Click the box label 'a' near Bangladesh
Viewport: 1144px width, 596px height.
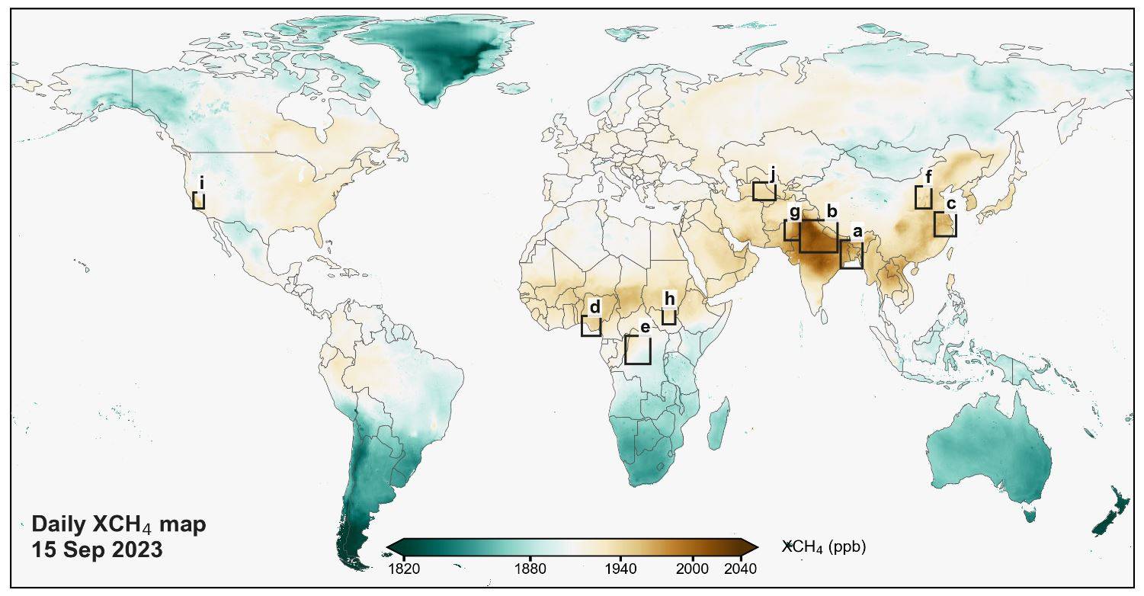point(857,232)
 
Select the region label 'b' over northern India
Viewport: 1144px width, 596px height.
point(832,211)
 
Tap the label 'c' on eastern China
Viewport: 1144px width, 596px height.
point(950,204)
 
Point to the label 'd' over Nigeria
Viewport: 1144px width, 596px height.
point(594,307)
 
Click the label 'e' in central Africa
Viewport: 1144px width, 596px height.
point(645,328)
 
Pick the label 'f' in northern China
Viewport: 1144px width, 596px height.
point(928,178)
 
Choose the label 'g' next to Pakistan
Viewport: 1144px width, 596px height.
point(794,213)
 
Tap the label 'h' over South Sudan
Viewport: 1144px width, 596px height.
point(669,300)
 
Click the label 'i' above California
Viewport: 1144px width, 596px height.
point(202,183)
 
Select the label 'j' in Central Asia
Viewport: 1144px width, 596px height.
point(772,176)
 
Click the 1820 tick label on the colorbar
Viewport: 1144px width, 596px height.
point(404,569)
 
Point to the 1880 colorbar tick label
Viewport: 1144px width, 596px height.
point(530,569)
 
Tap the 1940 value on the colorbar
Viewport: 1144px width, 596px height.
point(620,569)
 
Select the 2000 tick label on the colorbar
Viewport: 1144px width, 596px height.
point(692,569)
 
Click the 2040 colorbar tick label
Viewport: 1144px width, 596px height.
point(741,569)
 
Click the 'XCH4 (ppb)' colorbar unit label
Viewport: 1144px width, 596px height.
point(824,547)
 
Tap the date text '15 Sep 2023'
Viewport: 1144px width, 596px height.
point(97,550)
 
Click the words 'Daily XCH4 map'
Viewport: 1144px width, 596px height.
point(119,525)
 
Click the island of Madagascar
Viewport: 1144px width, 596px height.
point(719,425)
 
